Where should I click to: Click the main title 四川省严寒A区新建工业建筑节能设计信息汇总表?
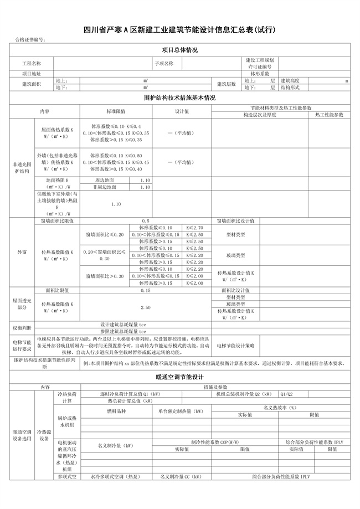click(179, 29)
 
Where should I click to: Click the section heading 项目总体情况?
click(179, 50)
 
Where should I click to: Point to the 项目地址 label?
click(32, 73)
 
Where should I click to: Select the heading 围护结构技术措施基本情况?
click(179, 98)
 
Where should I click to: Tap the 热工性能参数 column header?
click(329, 115)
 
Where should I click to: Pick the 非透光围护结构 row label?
click(22, 168)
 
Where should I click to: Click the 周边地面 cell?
click(105, 180)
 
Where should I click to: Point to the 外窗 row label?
click(22, 252)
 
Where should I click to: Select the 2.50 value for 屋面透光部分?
click(146, 307)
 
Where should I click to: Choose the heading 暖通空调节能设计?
click(179, 376)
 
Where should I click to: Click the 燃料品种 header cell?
click(115, 412)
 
